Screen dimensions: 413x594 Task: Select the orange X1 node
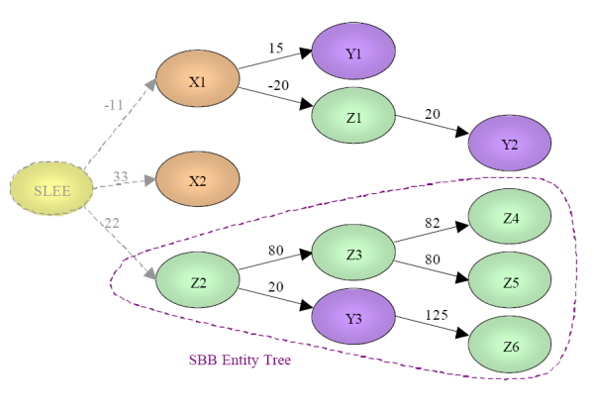click(x=198, y=82)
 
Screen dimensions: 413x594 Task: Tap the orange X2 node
click(x=198, y=179)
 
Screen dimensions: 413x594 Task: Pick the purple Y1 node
click(x=353, y=50)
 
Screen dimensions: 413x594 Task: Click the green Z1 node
click(x=353, y=117)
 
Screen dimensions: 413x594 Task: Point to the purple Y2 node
click(x=510, y=145)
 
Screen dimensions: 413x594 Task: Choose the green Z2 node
click(x=198, y=281)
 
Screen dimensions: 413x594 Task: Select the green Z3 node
click(x=353, y=255)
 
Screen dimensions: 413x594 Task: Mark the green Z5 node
click(x=510, y=282)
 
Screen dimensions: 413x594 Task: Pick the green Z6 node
click(x=510, y=347)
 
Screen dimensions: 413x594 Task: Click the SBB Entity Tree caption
click(x=240, y=360)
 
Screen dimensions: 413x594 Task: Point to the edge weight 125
click(x=435, y=315)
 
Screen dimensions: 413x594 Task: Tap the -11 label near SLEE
click(x=114, y=103)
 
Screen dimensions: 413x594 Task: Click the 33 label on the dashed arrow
click(x=120, y=176)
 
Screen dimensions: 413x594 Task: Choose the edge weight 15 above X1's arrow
click(x=275, y=47)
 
